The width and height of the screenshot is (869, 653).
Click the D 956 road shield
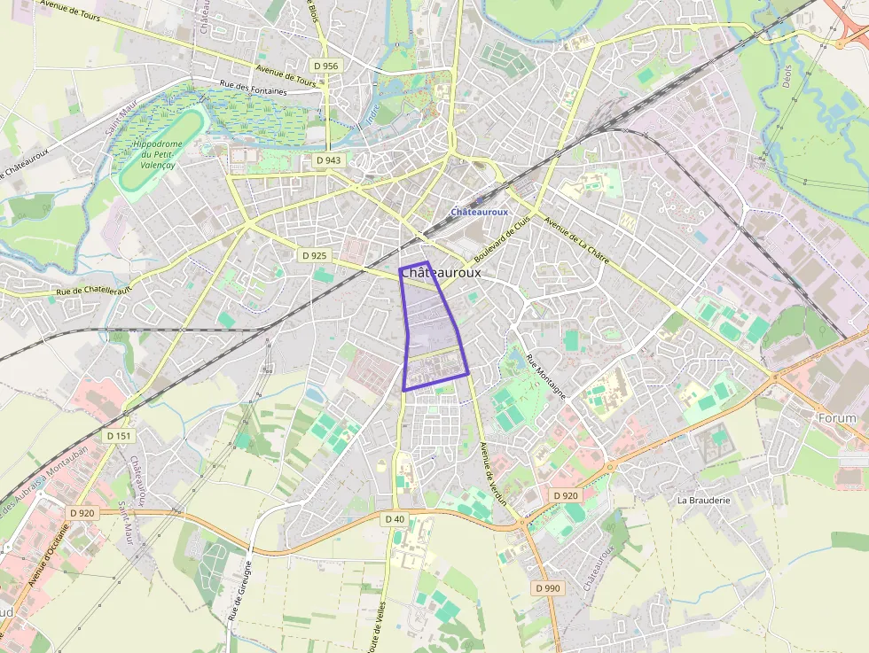pyautogui.click(x=326, y=66)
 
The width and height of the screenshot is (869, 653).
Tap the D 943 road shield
pyautogui.click(x=327, y=160)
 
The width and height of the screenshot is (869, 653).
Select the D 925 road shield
pyautogui.click(x=314, y=255)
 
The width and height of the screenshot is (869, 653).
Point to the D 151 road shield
pyautogui.click(x=119, y=436)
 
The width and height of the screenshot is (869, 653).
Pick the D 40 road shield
pyautogui.click(x=395, y=518)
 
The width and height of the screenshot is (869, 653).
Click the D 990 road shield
pyautogui.click(x=548, y=588)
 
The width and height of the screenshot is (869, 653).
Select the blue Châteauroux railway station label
pyautogui.click(x=479, y=213)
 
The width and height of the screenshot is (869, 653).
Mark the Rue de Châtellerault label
pyautogui.click(x=93, y=291)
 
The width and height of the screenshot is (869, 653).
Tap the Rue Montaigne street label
pyautogui.click(x=545, y=377)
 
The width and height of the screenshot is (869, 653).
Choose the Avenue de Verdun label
pyautogui.click(x=493, y=473)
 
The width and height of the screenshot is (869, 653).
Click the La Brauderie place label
pyautogui.click(x=703, y=500)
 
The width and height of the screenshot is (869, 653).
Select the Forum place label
pyautogui.click(x=837, y=418)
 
